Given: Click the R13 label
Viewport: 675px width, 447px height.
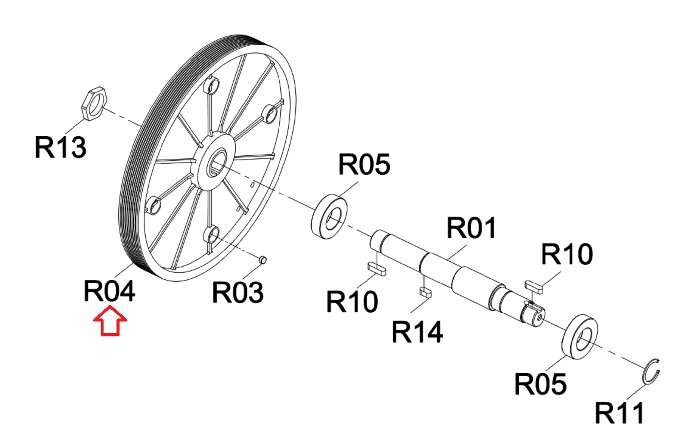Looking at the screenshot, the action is coord(60,147).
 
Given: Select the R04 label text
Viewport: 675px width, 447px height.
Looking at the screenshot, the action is coord(109,291).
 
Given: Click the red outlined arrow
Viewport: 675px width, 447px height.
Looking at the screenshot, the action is coord(110,320).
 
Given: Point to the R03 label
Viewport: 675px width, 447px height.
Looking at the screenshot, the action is coord(238,292).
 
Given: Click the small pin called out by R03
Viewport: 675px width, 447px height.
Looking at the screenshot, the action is coord(263,260).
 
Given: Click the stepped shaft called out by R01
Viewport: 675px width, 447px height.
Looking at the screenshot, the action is coord(458,279).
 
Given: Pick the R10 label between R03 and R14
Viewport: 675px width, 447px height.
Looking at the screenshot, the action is coord(352,301).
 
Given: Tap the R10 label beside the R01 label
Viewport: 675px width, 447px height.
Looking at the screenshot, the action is coord(567,254).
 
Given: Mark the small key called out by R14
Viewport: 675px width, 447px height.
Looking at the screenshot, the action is coord(425,292).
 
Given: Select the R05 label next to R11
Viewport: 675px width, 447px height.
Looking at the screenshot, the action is coord(541,384).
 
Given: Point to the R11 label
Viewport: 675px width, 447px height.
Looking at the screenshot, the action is coord(619,413).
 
